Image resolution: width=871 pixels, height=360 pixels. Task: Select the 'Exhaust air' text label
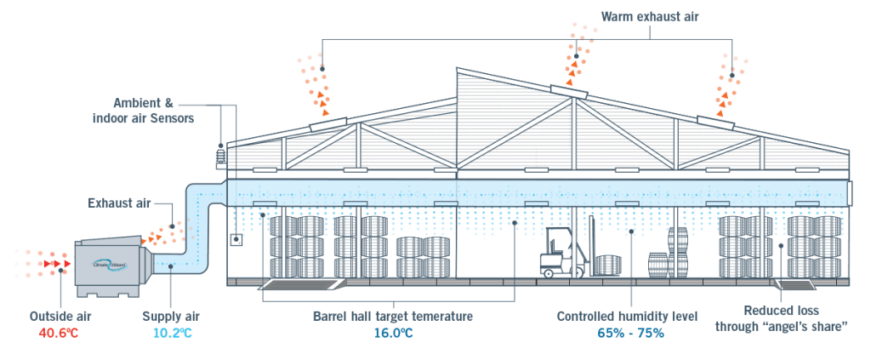click(119, 203)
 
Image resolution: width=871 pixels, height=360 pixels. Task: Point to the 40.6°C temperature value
click(59, 332)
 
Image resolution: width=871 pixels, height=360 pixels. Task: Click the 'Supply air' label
click(167, 316)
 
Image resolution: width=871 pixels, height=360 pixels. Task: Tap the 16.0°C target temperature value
click(394, 332)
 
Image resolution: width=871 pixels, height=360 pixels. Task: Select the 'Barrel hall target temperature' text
click(394, 316)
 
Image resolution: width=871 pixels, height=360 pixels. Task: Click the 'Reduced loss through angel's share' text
click(782, 318)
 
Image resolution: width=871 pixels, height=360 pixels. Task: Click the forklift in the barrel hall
click(561, 253)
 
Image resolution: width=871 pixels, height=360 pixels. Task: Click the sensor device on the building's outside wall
click(219, 155)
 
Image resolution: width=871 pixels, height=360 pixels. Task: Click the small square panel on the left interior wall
click(235, 240)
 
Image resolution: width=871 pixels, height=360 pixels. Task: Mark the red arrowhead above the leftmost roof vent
click(325, 110)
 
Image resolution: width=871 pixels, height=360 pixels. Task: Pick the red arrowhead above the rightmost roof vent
click(720, 108)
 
